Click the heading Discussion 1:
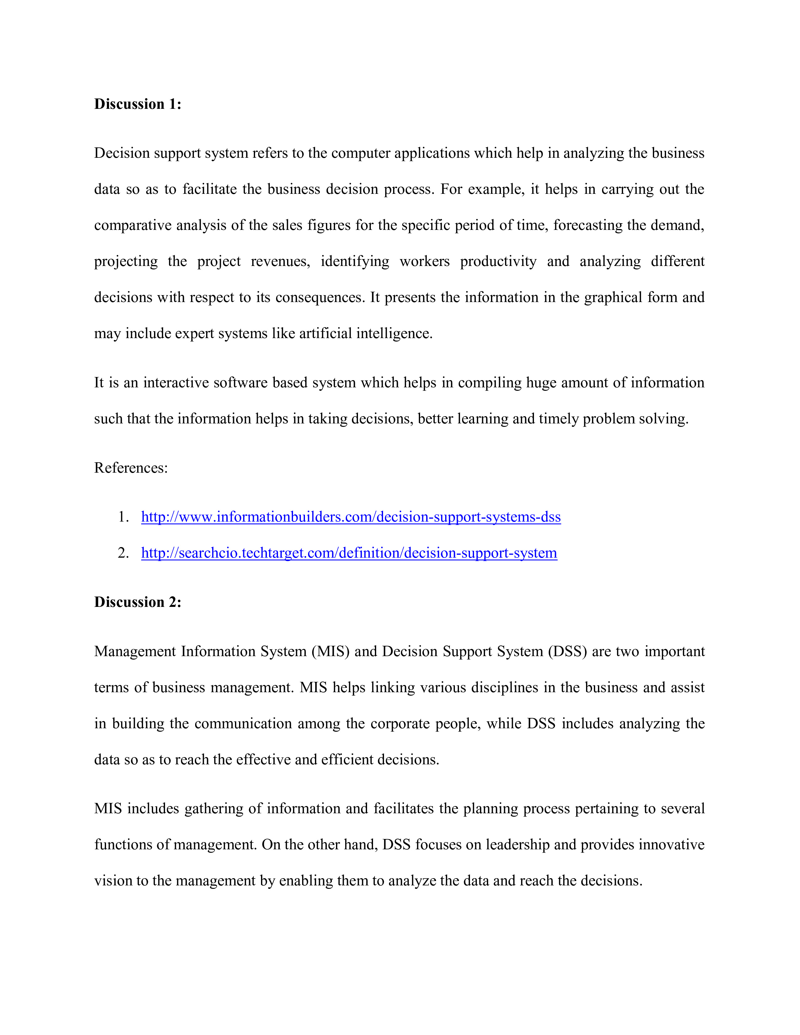coord(137,104)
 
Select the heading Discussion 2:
coord(137,602)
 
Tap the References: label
coord(131,468)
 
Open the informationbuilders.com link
coord(351,517)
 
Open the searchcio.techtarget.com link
coord(349,553)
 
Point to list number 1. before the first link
coord(123,517)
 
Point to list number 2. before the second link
coord(123,553)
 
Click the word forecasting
coord(587,225)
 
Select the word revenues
coord(280,261)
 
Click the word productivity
coord(498,261)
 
